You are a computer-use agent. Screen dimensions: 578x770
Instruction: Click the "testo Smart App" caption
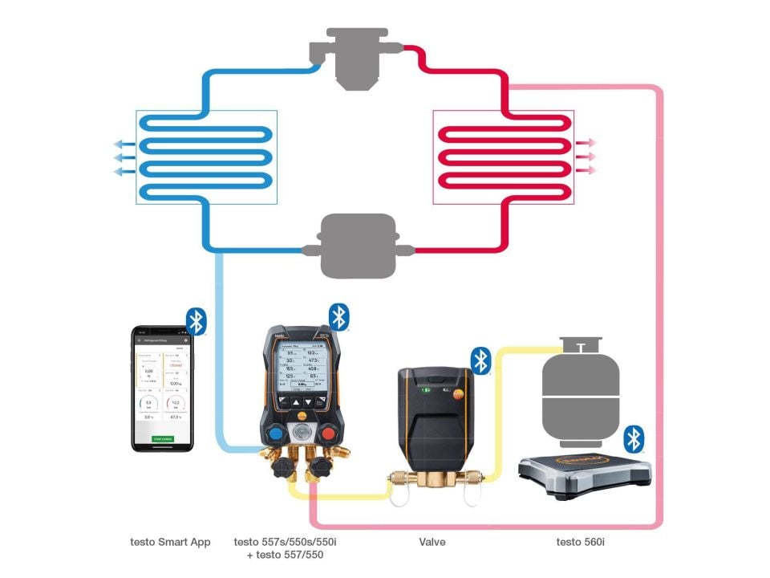(170, 542)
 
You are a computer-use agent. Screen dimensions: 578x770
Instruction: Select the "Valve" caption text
(432, 542)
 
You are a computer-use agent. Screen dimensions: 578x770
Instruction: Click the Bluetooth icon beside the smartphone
(197, 320)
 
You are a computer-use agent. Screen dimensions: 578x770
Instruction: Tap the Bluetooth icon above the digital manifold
(340, 317)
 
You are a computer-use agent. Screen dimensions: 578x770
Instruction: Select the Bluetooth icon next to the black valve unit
(480, 360)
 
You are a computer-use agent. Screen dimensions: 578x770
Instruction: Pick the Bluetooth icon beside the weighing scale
(634, 438)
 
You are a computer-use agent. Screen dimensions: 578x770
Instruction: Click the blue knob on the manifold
(274, 434)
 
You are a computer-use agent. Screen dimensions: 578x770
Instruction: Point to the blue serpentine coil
(207, 156)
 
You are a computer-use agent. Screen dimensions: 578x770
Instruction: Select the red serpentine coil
(503, 156)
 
